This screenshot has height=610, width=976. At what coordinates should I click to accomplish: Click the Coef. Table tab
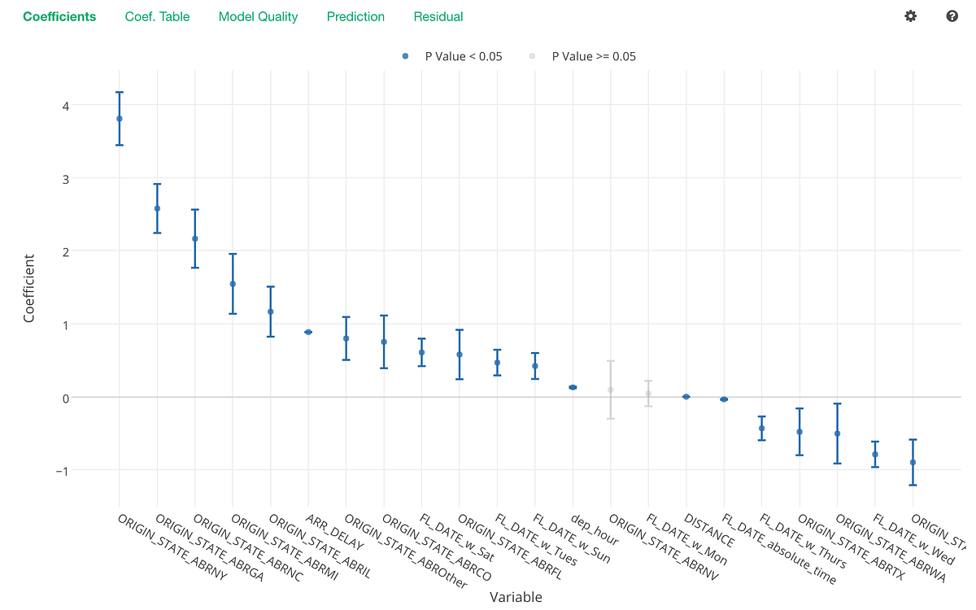[157, 16]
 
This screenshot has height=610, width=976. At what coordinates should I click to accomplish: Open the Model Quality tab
[258, 16]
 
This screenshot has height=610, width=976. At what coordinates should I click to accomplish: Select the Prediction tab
[355, 16]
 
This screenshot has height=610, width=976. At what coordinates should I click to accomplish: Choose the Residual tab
[438, 16]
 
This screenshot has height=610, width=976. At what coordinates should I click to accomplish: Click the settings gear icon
[910, 16]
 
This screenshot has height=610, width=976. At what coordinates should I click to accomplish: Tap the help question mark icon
[952, 16]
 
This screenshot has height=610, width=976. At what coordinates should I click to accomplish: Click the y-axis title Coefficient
[29, 289]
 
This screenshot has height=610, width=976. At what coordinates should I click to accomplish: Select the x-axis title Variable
[516, 597]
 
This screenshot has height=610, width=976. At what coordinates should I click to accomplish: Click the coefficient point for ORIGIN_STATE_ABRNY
[120, 119]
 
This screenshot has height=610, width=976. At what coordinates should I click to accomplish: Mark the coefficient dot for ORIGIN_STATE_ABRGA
[157, 209]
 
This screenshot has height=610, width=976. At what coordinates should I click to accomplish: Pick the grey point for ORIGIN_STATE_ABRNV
[611, 390]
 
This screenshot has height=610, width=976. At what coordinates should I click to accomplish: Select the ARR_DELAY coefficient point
[308, 332]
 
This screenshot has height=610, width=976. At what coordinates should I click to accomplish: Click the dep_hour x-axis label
[595, 529]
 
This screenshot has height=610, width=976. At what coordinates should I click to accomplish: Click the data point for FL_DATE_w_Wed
[875, 455]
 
